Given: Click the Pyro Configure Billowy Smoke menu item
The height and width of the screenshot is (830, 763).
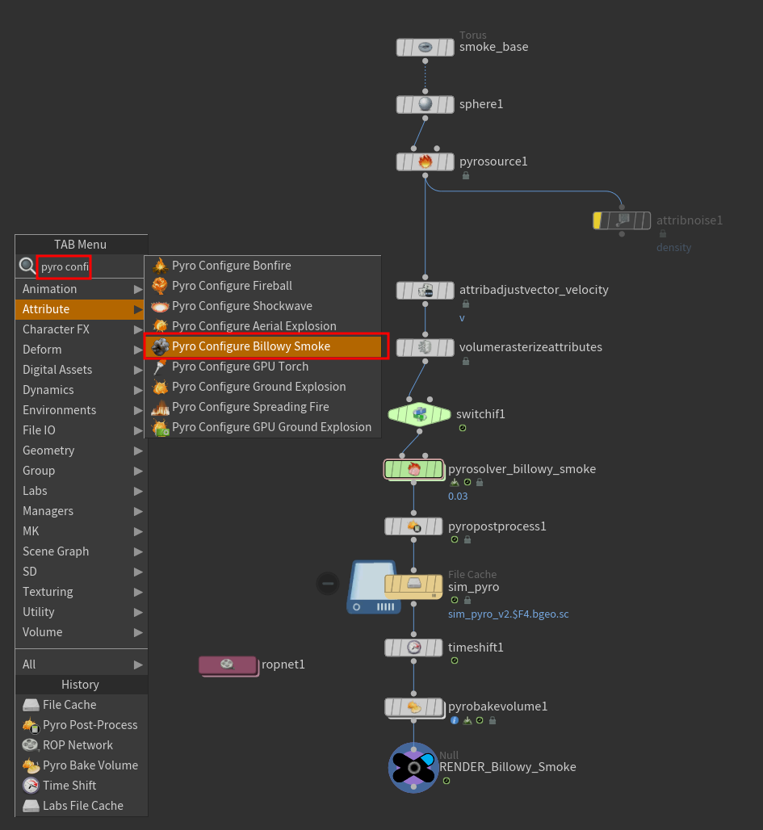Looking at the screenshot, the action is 250,346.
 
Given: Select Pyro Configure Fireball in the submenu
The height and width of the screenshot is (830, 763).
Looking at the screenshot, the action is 232,286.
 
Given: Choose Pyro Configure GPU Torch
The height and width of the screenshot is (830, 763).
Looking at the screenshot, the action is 240,367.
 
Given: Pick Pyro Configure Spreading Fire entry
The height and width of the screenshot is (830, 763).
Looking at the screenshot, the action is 250,407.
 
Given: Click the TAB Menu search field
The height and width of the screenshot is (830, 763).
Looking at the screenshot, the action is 65,266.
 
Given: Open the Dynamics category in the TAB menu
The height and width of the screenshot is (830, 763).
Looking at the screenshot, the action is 48,390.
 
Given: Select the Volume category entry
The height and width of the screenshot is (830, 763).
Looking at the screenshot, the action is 42,632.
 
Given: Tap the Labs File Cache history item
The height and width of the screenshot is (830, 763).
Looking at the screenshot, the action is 82,806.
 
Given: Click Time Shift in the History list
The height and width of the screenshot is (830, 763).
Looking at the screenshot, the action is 69,786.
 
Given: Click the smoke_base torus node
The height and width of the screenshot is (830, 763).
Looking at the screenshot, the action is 426,48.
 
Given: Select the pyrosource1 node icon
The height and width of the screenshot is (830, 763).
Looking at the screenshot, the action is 426,161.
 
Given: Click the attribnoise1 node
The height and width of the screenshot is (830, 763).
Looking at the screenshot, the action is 622,220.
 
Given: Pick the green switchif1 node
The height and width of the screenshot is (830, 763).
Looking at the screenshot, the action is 419,414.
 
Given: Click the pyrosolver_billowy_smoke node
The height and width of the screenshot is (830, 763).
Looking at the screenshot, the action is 413,469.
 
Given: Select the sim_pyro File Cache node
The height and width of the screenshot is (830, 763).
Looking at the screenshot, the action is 413,584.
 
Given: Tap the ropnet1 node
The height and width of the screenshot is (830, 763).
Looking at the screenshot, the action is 228,664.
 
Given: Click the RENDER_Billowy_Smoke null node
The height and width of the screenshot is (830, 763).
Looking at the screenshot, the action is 413,767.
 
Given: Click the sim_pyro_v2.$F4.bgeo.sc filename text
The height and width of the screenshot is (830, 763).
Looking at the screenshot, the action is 508,614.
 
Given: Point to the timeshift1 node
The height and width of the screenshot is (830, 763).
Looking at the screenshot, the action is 413,648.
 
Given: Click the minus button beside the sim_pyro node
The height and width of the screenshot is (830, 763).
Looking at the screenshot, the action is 328,582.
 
